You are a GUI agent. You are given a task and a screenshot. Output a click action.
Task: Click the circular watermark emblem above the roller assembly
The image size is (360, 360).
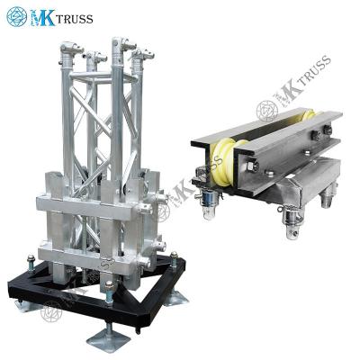pyautogui.click(x=267, y=110)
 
